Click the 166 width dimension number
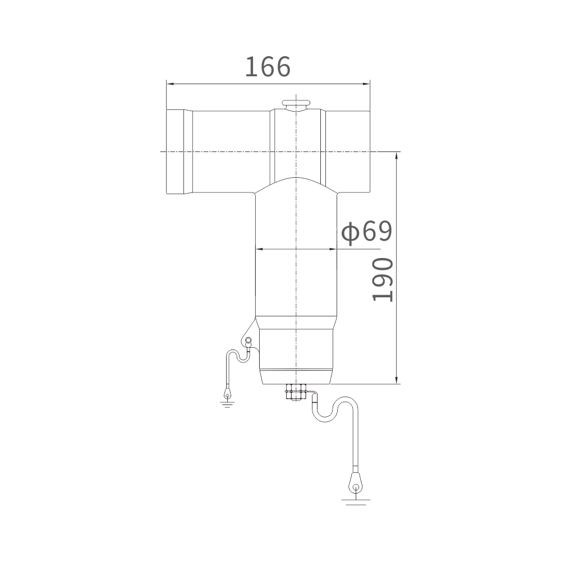pyautogui.click(x=268, y=67)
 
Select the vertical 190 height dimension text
pyautogui.click(x=383, y=280)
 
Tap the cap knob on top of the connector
pyautogui.click(x=296, y=104)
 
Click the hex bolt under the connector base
pyautogui.click(x=296, y=393)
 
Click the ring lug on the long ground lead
pyautogui.click(x=356, y=482)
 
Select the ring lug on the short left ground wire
pyautogui.click(x=227, y=393)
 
